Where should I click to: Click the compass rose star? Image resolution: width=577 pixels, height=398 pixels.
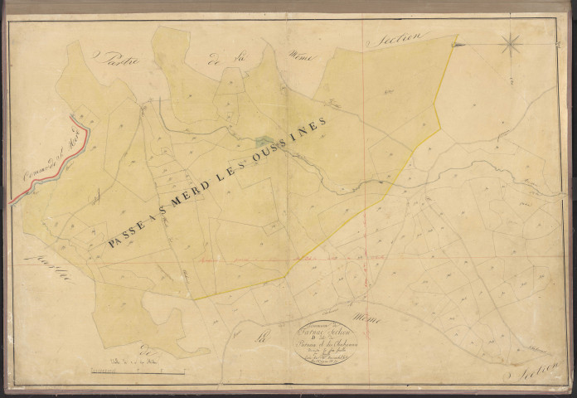point(511,43)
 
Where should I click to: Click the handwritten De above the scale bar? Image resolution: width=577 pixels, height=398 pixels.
point(147,348)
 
